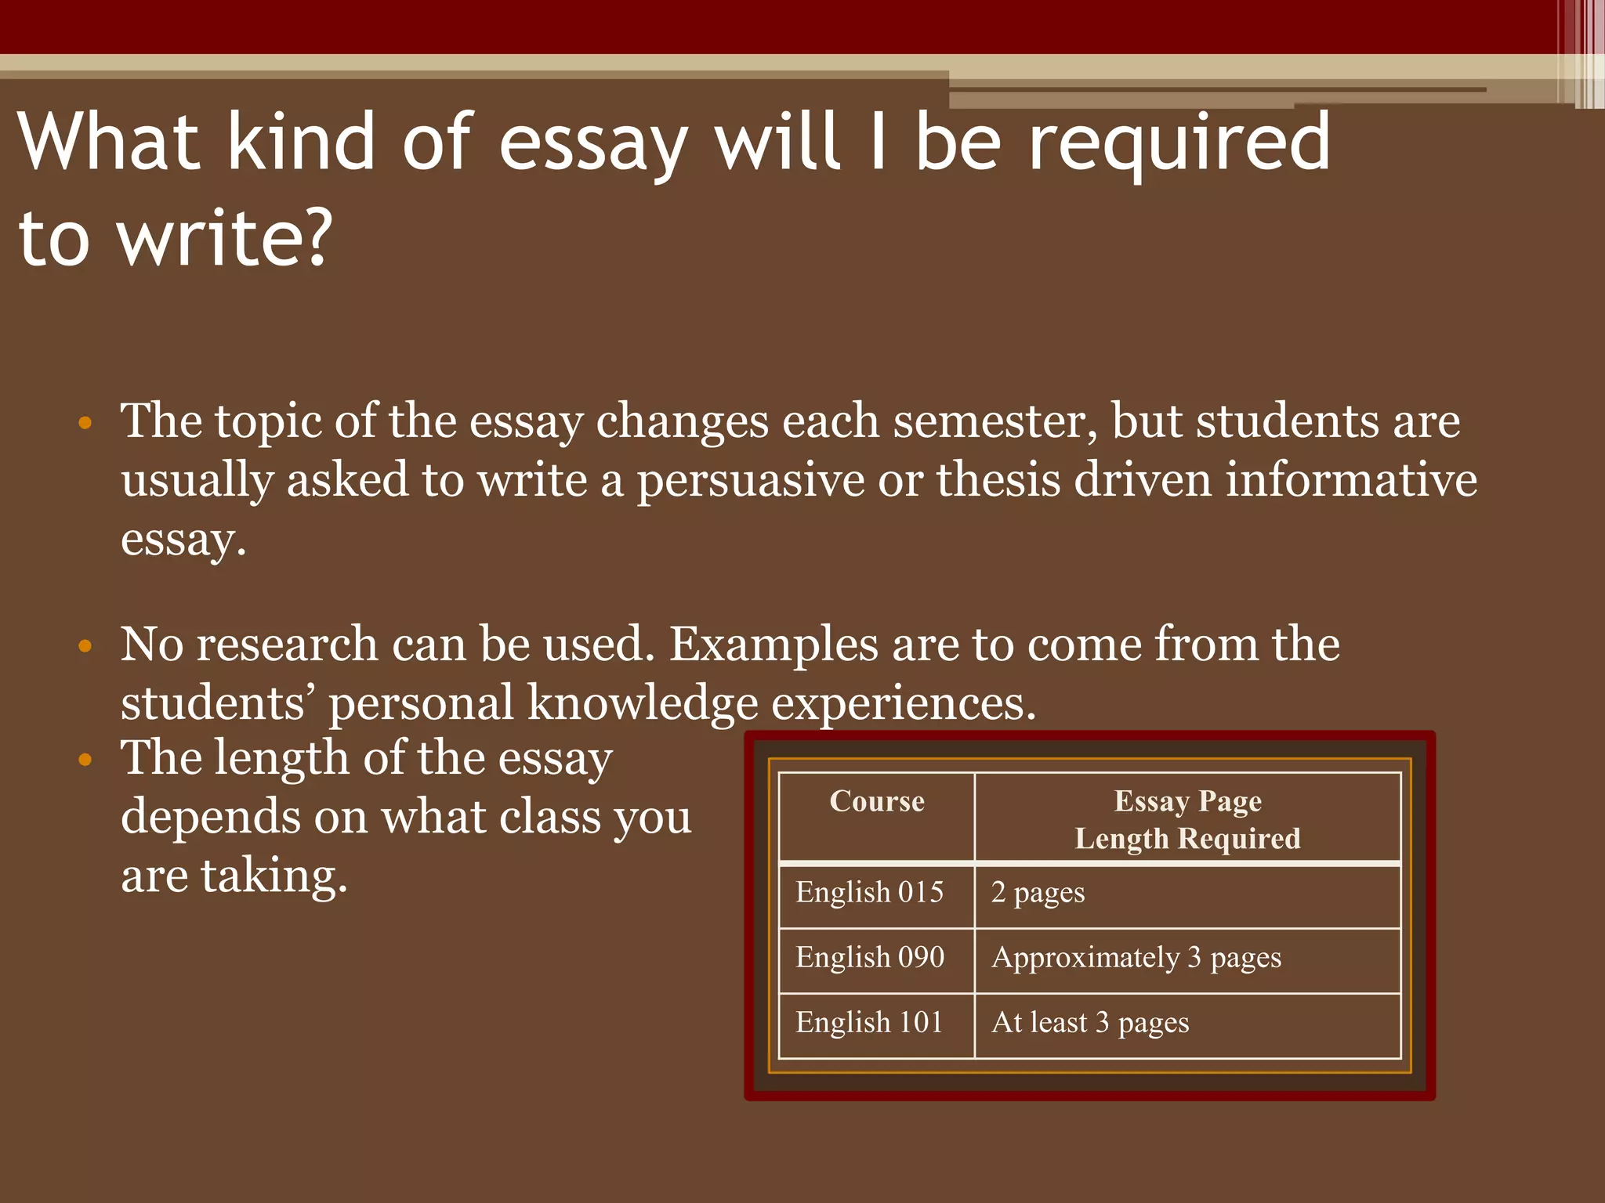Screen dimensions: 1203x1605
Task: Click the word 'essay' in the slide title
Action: [x=593, y=145]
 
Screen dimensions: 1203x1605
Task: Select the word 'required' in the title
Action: [x=1179, y=145]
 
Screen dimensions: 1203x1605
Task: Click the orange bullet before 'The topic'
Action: [x=85, y=424]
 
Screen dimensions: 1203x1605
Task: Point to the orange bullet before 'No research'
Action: [x=85, y=647]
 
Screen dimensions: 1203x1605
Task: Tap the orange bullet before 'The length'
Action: [x=85, y=760]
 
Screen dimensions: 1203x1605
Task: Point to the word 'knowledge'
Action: [x=643, y=703]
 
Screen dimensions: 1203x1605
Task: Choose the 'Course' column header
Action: [x=877, y=801]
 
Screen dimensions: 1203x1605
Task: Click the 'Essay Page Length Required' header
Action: [x=1187, y=819]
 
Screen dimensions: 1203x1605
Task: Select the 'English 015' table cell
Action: [x=869, y=892]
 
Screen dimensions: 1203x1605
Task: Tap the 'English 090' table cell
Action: [x=870, y=957]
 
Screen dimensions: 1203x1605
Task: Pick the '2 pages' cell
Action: [x=1038, y=893]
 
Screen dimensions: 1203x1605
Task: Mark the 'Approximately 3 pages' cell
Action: [x=1136, y=958]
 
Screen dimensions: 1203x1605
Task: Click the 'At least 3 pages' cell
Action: [x=1090, y=1023]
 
